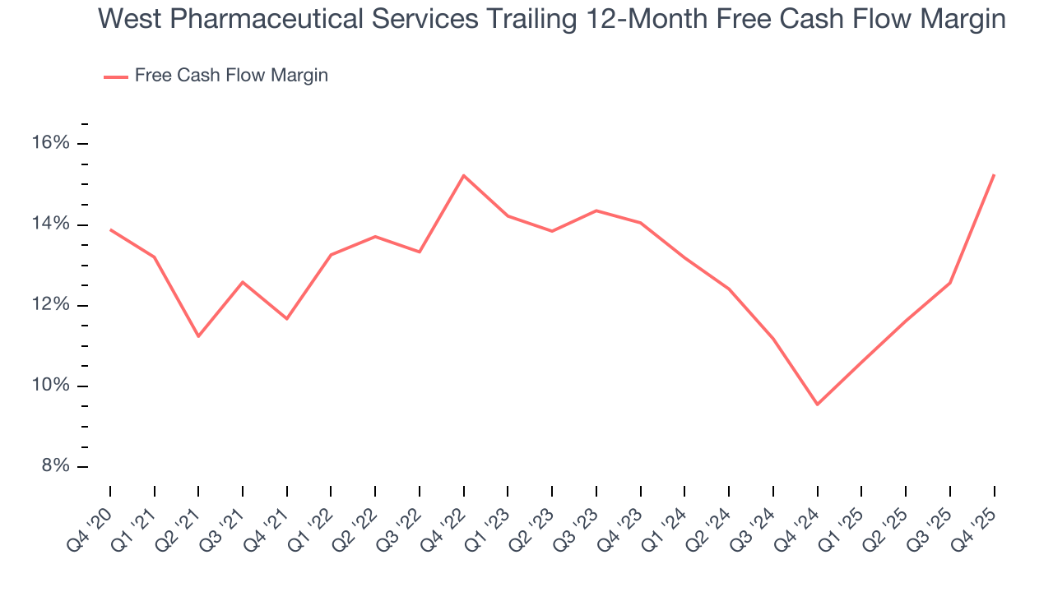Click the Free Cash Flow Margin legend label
pos(231,76)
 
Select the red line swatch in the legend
pos(116,76)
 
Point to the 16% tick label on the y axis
pos(52,144)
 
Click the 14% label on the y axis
pos(52,224)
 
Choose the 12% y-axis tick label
pos(52,305)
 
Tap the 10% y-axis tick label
pos(52,386)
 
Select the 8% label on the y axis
pos(56,466)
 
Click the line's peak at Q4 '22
pos(464,175)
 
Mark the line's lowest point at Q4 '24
pos(817,405)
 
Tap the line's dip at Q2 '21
pos(198,336)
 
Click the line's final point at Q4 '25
pos(994,175)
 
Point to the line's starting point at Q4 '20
pos(110,229)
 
